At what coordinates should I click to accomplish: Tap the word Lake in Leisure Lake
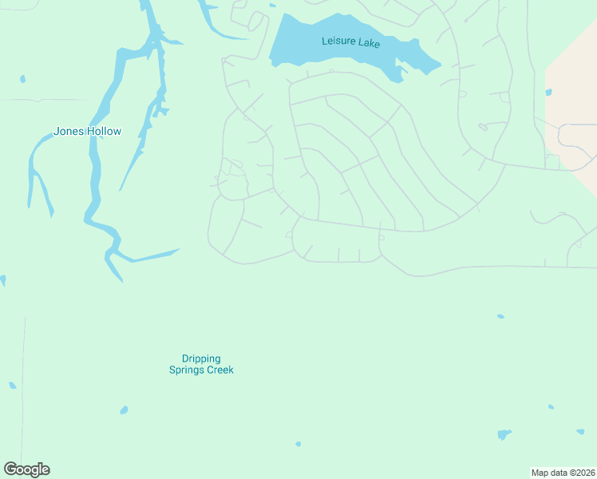click(369, 43)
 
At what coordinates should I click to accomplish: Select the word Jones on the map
click(68, 132)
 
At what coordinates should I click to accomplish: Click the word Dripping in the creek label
click(201, 359)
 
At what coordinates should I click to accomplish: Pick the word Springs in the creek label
click(188, 370)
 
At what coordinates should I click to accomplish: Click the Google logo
click(26, 469)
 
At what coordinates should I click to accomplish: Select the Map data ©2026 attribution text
click(563, 472)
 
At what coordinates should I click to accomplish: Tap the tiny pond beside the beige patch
click(548, 92)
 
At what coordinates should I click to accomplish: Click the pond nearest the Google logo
click(12, 386)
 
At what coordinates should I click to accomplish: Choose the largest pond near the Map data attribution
click(504, 435)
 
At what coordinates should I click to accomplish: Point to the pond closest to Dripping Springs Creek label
click(124, 410)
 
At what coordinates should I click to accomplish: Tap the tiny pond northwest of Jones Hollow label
click(22, 79)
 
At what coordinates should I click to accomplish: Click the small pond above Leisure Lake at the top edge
click(272, 6)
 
